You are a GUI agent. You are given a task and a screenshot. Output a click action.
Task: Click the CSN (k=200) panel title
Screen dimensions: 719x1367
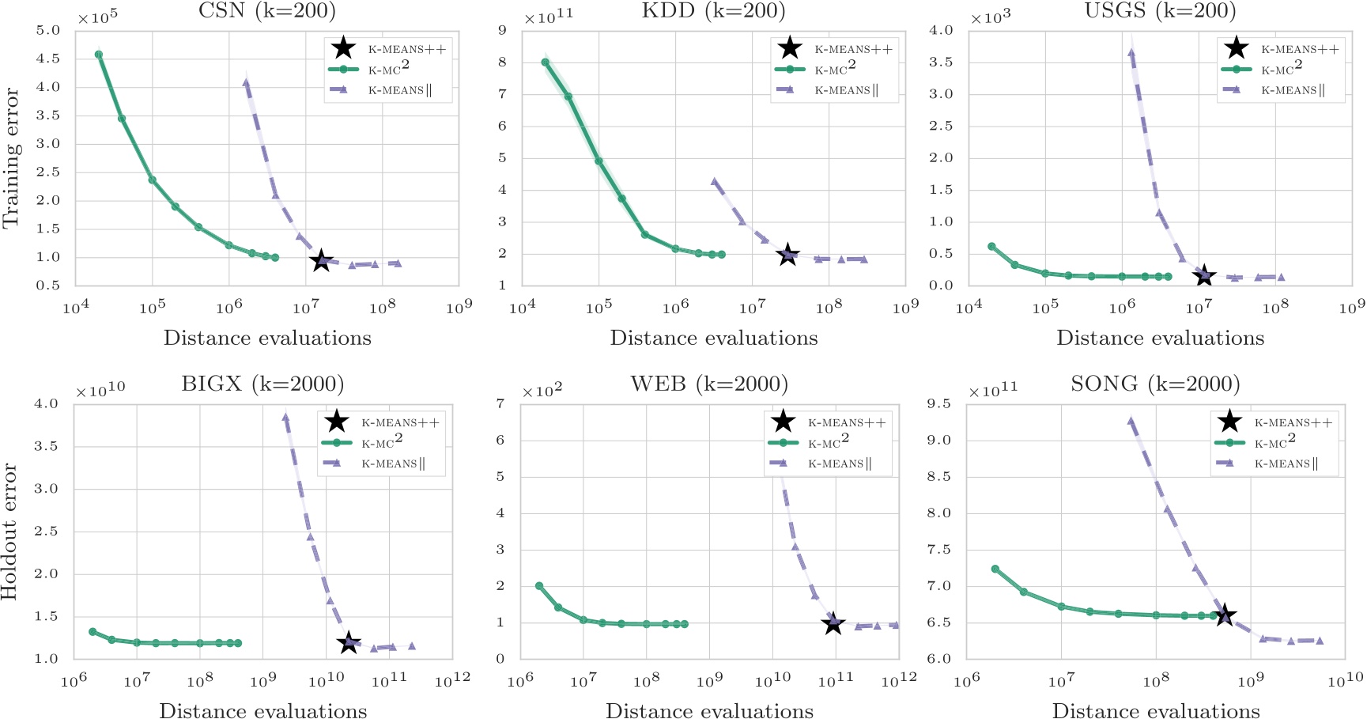click(x=266, y=11)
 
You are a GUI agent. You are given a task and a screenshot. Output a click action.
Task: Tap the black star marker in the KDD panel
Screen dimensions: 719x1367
click(x=787, y=255)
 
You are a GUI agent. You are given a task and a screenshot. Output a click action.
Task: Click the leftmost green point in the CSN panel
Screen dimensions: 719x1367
click(x=99, y=55)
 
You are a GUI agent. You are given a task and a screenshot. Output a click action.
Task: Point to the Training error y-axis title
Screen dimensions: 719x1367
click(x=10, y=158)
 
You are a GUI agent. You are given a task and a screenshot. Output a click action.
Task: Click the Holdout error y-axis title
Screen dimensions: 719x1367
click(x=10, y=531)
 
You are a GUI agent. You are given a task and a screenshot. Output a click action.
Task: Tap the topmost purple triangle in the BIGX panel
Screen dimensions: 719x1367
click(x=285, y=417)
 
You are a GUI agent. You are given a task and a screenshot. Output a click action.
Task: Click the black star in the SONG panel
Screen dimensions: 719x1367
click(x=1224, y=615)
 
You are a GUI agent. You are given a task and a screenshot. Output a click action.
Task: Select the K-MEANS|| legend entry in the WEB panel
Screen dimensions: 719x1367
click(x=839, y=464)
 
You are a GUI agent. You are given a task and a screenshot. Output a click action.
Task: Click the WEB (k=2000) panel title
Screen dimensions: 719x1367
click(x=709, y=384)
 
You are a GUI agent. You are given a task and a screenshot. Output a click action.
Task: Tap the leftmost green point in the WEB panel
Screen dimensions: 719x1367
click(x=539, y=586)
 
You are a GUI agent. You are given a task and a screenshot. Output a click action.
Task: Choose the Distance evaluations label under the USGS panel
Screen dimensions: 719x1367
click(x=1160, y=339)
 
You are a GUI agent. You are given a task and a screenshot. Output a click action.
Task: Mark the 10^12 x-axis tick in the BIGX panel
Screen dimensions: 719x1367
click(x=452, y=679)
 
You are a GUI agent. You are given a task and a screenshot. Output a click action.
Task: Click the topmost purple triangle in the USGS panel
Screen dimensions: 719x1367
click(x=1131, y=53)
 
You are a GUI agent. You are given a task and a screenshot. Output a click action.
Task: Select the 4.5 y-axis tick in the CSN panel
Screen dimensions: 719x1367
click(x=48, y=59)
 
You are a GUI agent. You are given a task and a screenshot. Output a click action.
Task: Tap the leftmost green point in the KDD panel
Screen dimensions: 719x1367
click(x=546, y=62)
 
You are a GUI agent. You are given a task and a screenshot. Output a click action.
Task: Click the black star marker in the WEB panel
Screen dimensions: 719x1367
click(x=833, y=624)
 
